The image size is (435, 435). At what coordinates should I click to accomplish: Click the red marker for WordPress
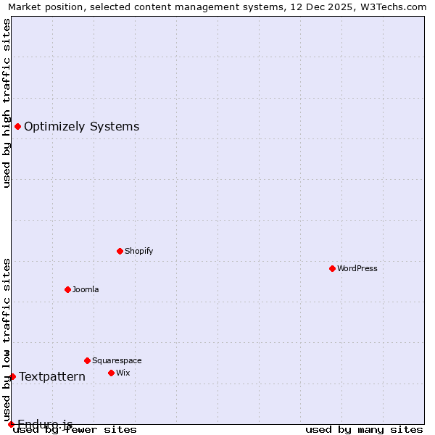pos(332,268)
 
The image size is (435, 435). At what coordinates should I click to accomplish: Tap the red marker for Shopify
pos(120,251)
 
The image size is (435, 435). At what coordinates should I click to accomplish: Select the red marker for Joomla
pos(67,289)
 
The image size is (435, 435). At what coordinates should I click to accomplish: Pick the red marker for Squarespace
pos(87,360)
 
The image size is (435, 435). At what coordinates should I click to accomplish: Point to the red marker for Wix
pos(111,373)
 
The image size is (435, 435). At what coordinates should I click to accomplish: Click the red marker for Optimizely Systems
pos(17,127)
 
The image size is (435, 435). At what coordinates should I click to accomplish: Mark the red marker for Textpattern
pos(12,376)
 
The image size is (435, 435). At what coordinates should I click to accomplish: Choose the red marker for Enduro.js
pos(11,424)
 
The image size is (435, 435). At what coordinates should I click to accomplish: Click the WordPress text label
pos(357,268)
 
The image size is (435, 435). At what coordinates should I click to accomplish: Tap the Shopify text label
pos(139,251)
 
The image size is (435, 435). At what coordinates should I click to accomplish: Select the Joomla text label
pos(86,289)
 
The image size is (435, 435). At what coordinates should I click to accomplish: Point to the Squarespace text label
pos(117,360)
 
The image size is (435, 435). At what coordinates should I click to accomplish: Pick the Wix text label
pos(123,373)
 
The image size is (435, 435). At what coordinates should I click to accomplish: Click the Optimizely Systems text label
pos(81,127)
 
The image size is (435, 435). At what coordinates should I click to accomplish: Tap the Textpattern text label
pos(52,376)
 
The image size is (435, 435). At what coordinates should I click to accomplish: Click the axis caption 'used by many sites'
pos(364,430)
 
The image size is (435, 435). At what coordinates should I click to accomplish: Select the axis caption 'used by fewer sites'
pos(75,430)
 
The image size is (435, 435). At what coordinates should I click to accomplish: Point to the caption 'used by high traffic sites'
pos(7,103)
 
